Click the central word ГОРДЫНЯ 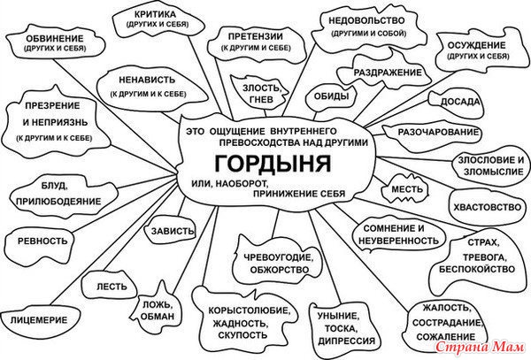(x=273, y=164)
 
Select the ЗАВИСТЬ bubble (x=170, y=230)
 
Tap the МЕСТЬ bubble (x=404, y=188)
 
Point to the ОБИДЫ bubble (x=331, y=97)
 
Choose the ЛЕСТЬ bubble (x=110, y=287)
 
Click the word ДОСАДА (x=460, y=102)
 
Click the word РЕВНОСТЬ (x=42, y=241)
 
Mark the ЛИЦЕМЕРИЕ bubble (x=39, y=320)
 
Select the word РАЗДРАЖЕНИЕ (x=388, y=73)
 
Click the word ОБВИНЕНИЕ (x=55, y=39)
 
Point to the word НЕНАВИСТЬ (x=147, y=80)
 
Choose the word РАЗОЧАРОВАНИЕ (x=438, y=133)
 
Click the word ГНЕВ (x=261, y=100)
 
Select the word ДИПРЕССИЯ (x=346, y=341)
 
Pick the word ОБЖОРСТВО (x=280, y=270)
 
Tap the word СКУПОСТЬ (x=242, y=335)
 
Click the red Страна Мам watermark (x=480, y=347)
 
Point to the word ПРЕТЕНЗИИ (x=256, y=36)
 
